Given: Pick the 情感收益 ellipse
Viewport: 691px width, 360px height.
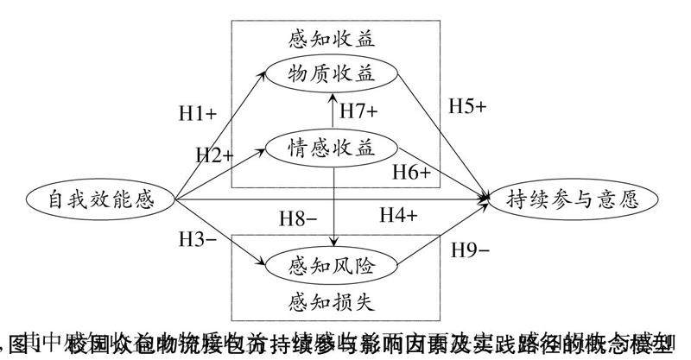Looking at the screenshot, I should (333, 148).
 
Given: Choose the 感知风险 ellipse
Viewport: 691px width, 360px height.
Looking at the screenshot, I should (333, 262).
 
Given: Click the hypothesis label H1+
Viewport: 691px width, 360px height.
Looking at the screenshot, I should (198, 112).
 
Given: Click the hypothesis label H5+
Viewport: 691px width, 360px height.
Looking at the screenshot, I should (468, 107).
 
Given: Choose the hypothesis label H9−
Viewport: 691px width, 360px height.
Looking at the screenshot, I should (471, 250).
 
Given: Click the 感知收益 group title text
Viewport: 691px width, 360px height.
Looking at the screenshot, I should (332, 38).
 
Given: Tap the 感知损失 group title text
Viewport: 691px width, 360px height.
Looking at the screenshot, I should (332, 300).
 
